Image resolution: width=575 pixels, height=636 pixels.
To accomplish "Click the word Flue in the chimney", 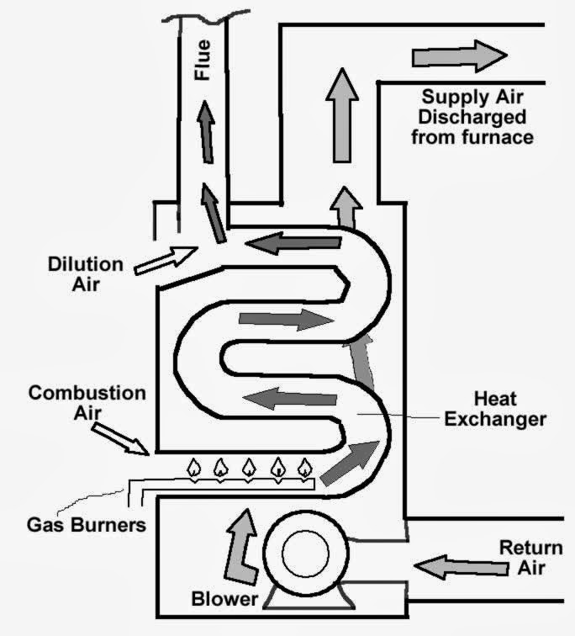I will pos(202,60).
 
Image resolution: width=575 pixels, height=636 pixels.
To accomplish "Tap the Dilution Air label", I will pos(85,274).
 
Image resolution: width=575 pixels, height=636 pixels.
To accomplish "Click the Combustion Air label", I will pos(87,402).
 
